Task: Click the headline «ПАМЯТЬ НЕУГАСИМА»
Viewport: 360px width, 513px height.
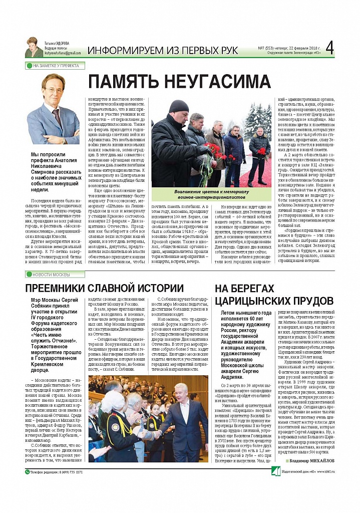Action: pyautogui.click(x=180, y=81)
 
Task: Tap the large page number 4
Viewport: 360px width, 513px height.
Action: pyautogui.click(x=329, y=48)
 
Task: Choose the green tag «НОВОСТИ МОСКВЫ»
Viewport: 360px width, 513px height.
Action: pyautogui.click(x=51, y=275)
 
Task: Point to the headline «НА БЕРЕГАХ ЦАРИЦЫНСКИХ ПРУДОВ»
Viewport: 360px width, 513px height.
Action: pyautogui.click(x=273, y=295)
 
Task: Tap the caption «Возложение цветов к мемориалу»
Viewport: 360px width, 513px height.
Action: pyautogui.click(x=211, y=192)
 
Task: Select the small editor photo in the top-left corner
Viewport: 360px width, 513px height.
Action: pyautogui.click(x=34, y=48)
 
